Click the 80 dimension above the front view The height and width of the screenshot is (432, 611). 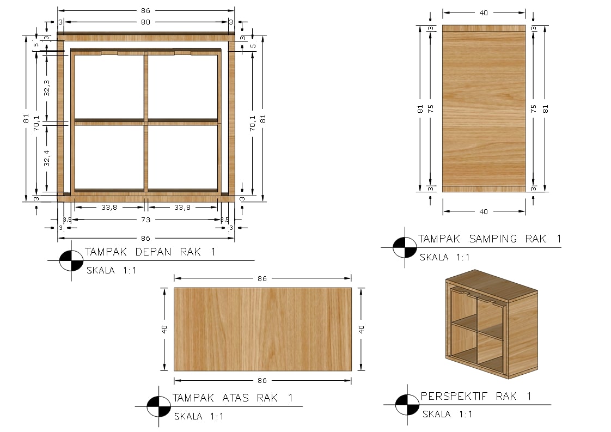pos(145,22)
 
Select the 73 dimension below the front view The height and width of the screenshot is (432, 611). pos(145,220)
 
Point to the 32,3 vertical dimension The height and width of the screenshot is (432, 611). pos(47,88)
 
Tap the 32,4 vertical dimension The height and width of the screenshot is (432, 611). pos(47,159)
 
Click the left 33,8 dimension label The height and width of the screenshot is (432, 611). pos(109,208)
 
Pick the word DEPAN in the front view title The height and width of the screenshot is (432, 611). pos(153,252)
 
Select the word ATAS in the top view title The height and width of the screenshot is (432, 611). pos(235,398)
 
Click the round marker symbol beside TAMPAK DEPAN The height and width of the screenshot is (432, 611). pos(71,260)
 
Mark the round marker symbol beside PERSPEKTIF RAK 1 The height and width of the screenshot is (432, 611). pos(407,404)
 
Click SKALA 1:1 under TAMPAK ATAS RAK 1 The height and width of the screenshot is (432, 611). pos(199,416)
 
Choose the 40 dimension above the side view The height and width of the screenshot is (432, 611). pos(484,13)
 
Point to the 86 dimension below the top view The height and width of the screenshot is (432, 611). pos(262,381)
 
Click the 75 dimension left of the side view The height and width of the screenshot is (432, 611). pos(431,109)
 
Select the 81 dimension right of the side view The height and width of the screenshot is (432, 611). pos(545,109)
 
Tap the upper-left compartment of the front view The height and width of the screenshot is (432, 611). pos(109,87)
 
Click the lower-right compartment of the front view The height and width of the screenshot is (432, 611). pos(182,157)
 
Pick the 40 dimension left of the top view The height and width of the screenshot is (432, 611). pos(164,330)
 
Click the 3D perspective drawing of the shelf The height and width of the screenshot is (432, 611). pos(492,324)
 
